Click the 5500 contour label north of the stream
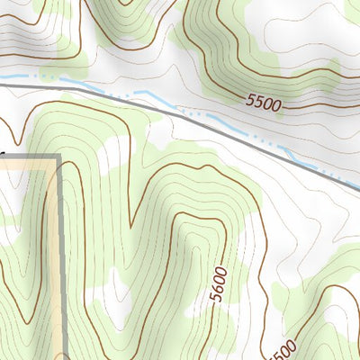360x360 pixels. click(x=262, y=103)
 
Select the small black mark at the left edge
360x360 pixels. click(x=2, y=154)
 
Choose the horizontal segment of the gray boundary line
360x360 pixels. click(x=27, y=157)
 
